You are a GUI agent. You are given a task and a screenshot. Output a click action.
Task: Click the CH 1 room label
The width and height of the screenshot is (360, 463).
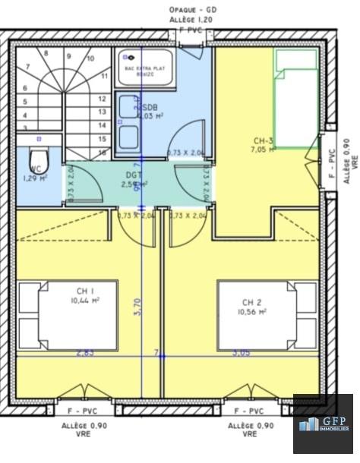85,291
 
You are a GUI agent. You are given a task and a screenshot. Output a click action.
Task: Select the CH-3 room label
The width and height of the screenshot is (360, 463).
264,140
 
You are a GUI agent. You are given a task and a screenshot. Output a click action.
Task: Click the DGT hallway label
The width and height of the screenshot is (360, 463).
134,175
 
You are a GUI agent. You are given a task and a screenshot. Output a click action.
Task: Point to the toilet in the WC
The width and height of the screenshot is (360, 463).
41,159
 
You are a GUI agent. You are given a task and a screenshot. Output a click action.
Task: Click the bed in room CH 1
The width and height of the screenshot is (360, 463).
68,315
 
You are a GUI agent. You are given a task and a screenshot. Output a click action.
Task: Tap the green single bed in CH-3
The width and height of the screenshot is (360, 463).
295,99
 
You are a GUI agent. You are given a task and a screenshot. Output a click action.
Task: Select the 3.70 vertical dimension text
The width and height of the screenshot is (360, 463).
137,306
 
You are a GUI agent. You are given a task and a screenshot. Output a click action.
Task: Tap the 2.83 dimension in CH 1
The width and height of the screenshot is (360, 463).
85,353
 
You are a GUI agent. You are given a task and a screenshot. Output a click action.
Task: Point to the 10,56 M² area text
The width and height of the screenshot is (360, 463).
252,311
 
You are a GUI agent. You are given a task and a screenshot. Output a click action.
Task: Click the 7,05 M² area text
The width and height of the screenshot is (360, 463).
264,150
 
